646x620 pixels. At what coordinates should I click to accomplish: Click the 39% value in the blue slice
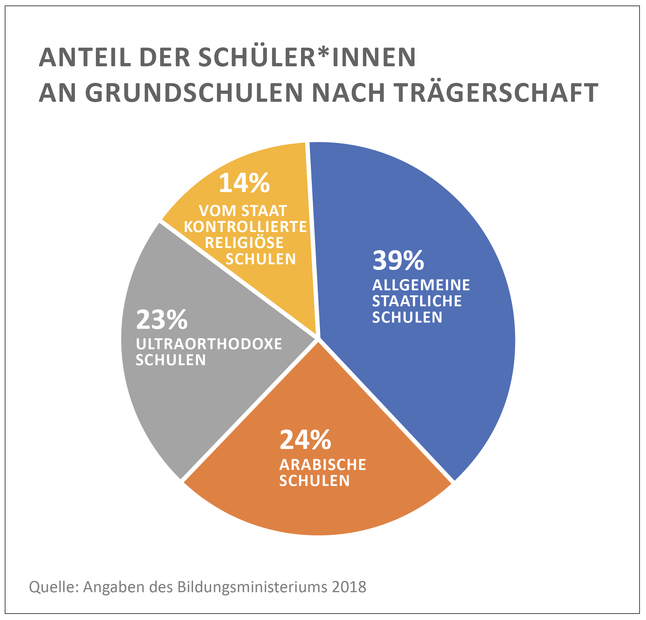click(398, 261)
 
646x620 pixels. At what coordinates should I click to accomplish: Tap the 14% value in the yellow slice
click(244, 183)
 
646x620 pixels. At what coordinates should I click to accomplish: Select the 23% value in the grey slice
click(162, 320)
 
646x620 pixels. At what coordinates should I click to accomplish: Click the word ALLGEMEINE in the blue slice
click(421, 285)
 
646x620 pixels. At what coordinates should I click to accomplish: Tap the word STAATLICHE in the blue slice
click(417, 301)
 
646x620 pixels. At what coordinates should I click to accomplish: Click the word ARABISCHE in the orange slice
click(322, 465)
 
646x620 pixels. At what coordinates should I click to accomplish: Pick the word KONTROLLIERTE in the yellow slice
click(245, 227)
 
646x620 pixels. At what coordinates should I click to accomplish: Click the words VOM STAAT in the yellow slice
click(243, 211)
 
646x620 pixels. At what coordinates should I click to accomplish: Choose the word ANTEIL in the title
click(85, 57)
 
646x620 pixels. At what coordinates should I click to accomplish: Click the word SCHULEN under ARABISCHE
click(314, 481)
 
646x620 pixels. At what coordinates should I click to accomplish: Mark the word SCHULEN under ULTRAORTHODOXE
click(171, 360)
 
